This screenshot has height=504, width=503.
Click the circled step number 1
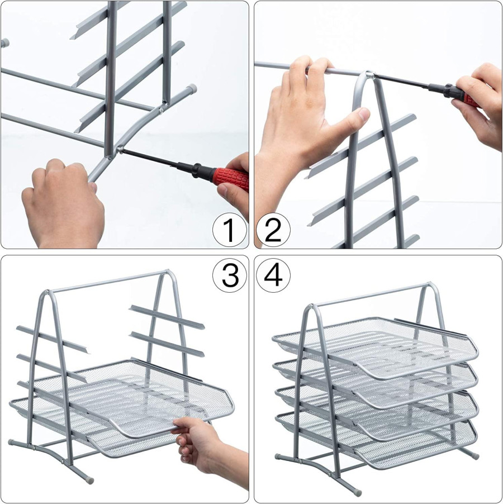[230, 230]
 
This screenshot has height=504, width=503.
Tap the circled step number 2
[273, 230]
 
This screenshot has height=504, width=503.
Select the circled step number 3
[230, 275]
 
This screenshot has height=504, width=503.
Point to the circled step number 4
[273, 275]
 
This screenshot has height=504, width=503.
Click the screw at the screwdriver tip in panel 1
[120, 149]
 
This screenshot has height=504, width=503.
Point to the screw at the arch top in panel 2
[371, 75]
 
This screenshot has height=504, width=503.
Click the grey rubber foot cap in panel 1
[192, 88]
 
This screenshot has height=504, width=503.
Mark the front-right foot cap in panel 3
[89, 480]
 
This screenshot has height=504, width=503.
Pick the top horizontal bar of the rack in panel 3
[110, 282]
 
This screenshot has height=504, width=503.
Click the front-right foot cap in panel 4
[357, 492]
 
